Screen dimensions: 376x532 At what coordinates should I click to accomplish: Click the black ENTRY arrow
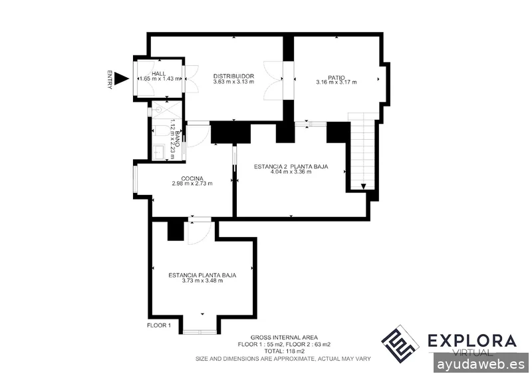coord(120,79)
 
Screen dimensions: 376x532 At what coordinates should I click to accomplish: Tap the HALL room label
coord(158,73)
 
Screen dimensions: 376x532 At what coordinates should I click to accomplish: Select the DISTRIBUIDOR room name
coord(233,76)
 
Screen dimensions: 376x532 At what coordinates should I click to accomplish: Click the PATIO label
coord(336,76)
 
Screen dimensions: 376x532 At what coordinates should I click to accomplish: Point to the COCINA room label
coord(192,178)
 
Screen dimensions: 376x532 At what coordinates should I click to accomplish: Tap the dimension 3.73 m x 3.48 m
coord(202,281)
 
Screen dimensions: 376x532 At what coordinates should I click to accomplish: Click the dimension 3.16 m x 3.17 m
coord(336,83)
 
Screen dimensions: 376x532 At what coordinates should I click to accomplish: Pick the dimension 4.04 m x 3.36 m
coord(292,172)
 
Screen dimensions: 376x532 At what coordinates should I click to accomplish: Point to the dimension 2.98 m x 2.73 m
coord(192,184)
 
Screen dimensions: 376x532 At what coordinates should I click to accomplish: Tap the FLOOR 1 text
coord(159,325)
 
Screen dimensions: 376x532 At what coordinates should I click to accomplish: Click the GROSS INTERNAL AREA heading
coord(284,337)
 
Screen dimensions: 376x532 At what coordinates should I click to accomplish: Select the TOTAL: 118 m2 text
coord(284,351)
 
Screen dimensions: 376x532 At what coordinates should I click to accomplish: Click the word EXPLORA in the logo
coord(471,341)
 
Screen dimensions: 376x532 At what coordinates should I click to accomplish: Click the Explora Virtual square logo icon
coord(400,343)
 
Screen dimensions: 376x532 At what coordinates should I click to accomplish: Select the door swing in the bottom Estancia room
coord(199,232)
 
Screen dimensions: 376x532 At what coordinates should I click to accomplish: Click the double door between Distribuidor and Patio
coord(274,79)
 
